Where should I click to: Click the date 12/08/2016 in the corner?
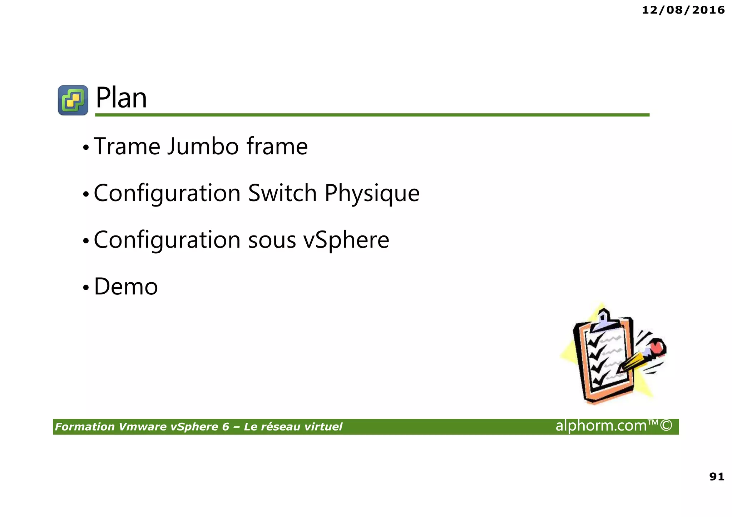683,10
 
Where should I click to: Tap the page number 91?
717,477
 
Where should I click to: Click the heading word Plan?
121,98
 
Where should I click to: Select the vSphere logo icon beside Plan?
73,100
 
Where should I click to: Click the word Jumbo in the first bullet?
203,146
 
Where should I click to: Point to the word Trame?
127,146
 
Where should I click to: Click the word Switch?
282,193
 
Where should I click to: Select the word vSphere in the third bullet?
346,240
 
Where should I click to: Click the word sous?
272,240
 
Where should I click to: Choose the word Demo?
126,287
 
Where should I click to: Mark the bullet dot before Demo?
85,287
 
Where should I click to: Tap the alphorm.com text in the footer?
613,426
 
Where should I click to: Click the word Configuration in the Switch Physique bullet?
167,193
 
